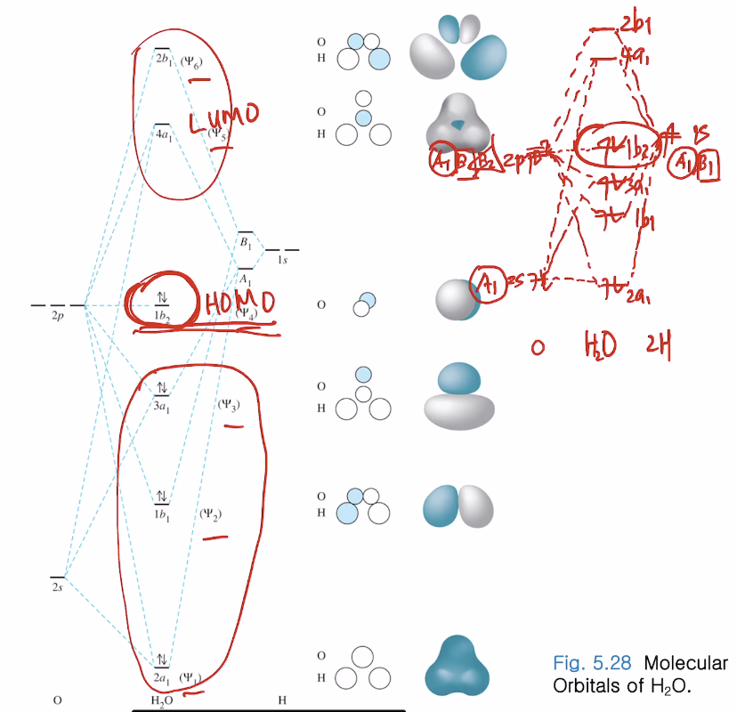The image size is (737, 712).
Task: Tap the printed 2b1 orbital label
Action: point(163,60)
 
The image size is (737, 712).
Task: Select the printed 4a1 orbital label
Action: point(163,136)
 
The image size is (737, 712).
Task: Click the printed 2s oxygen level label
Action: point(57,588)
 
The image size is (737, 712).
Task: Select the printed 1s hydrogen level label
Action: point(283,261)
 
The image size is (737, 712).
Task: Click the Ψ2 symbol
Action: point(211,514)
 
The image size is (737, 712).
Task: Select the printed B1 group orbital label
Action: point(244,241)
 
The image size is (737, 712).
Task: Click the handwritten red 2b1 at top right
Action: point(633,24)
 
